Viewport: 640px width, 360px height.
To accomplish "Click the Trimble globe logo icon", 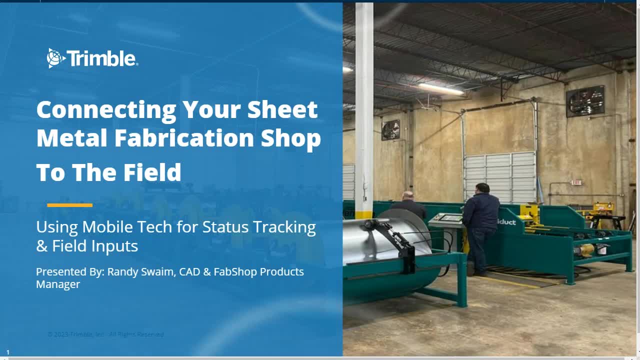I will pyautogui.click(x=55, y=58).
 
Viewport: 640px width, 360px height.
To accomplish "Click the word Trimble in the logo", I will pyautogui.click(x=102, y=59).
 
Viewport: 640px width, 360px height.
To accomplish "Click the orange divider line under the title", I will pyautogui.click(x=69, y=205).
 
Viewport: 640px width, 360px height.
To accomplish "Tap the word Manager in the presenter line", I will pyautogui.click(x=58, y=284).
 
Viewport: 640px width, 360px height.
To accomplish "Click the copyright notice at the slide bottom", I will pyautogui.click(x=105, y=334).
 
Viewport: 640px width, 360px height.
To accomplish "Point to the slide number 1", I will pyautogui.click(x=7, y=352).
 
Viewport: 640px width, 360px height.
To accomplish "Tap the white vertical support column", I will pyautogui.click(x=364, y=100).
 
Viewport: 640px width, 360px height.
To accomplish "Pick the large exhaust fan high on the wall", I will pyautogui.click(x=585, y=101).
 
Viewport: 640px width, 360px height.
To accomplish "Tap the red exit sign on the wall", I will pyautogui.click(x=576, y=182).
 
